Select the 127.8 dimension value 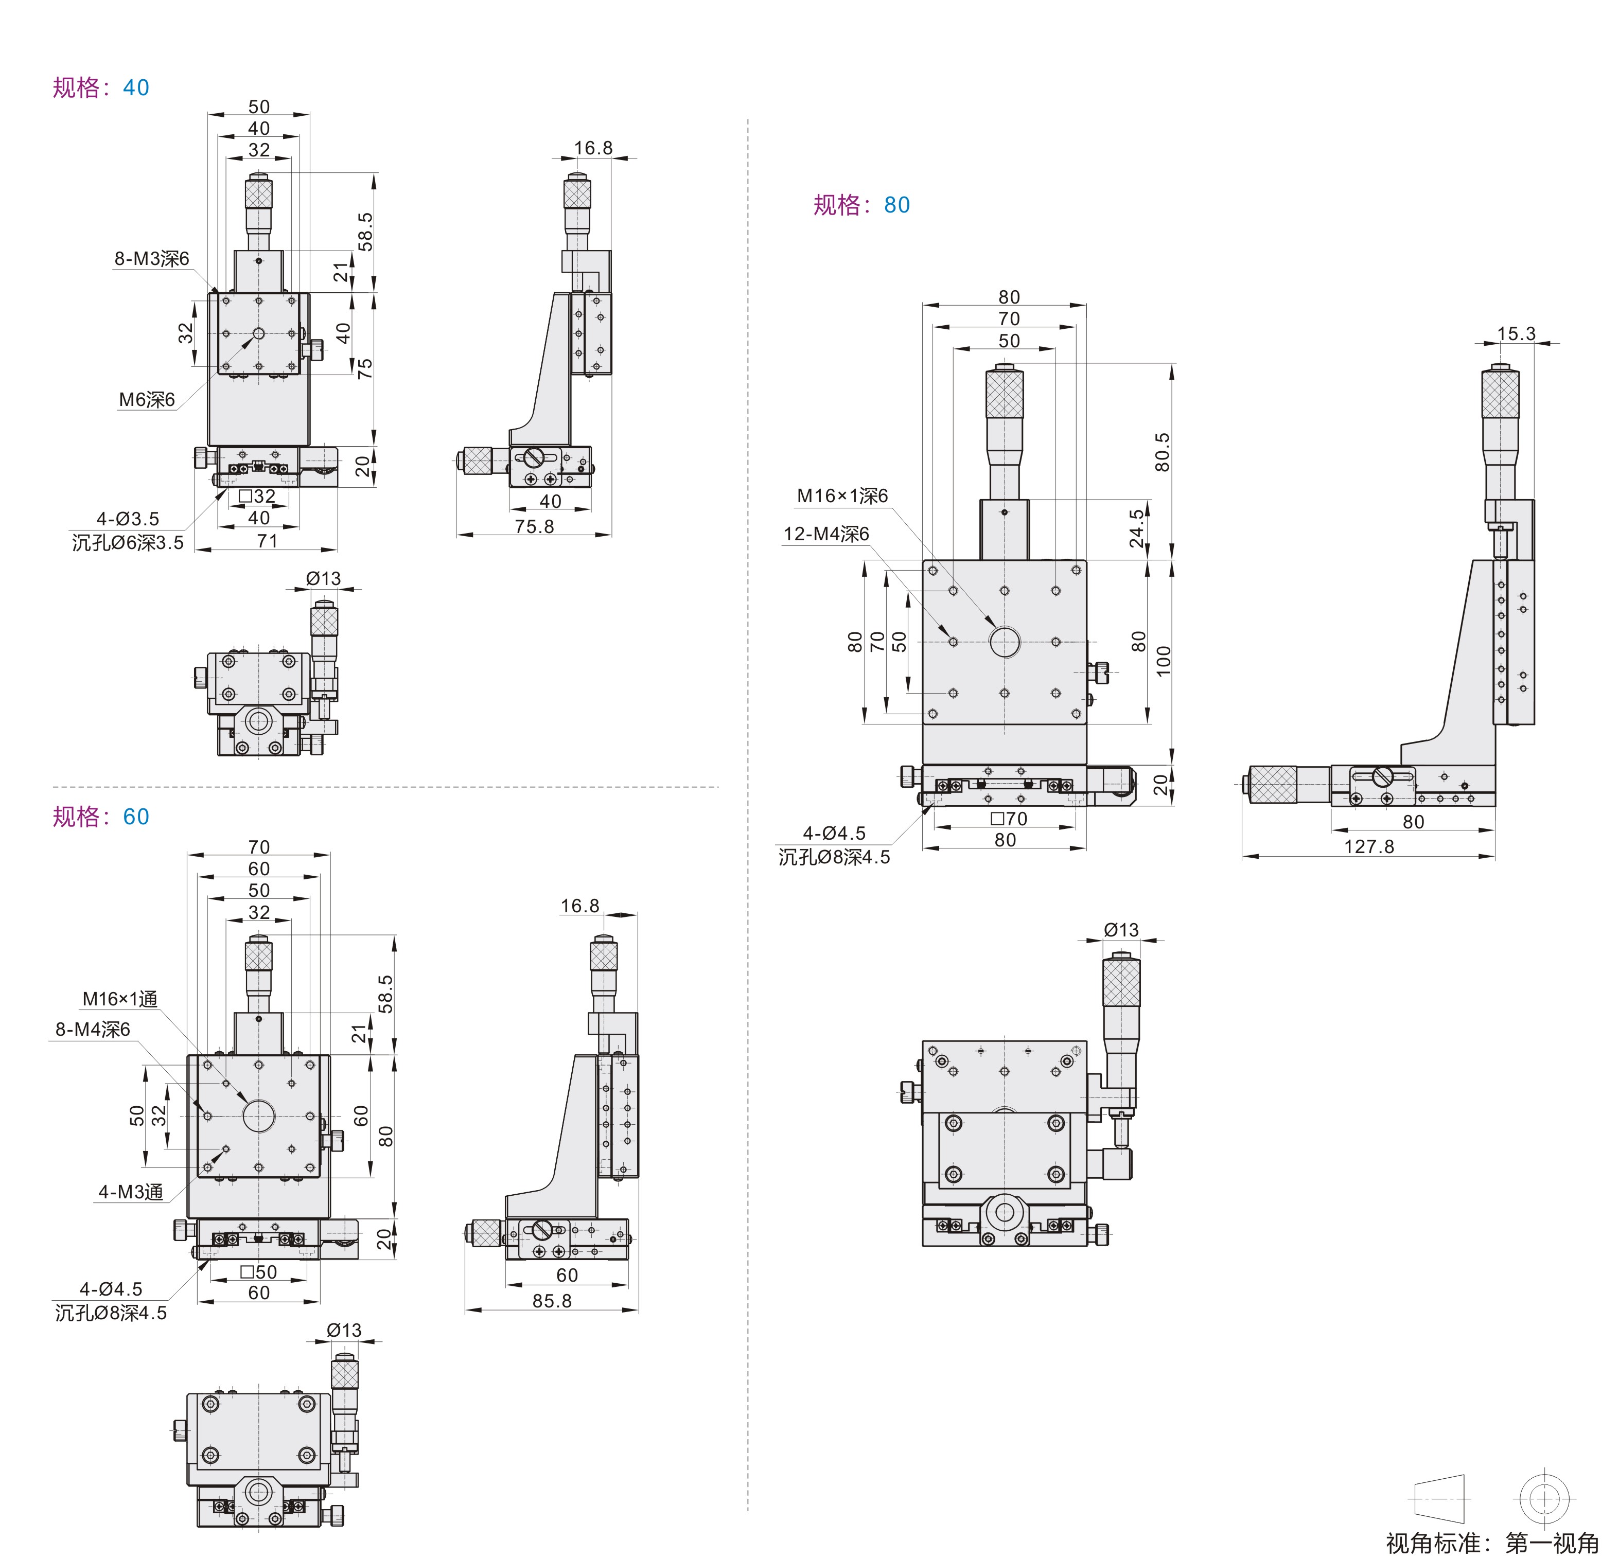1369,847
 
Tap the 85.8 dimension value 552,1301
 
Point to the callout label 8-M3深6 151,259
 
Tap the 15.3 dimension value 1516,334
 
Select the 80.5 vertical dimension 1162,452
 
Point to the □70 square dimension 1009,819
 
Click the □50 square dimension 258,1272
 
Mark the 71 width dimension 267,541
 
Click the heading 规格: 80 861,205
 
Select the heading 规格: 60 101,817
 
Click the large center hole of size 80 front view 1005,642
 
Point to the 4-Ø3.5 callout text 127,519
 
